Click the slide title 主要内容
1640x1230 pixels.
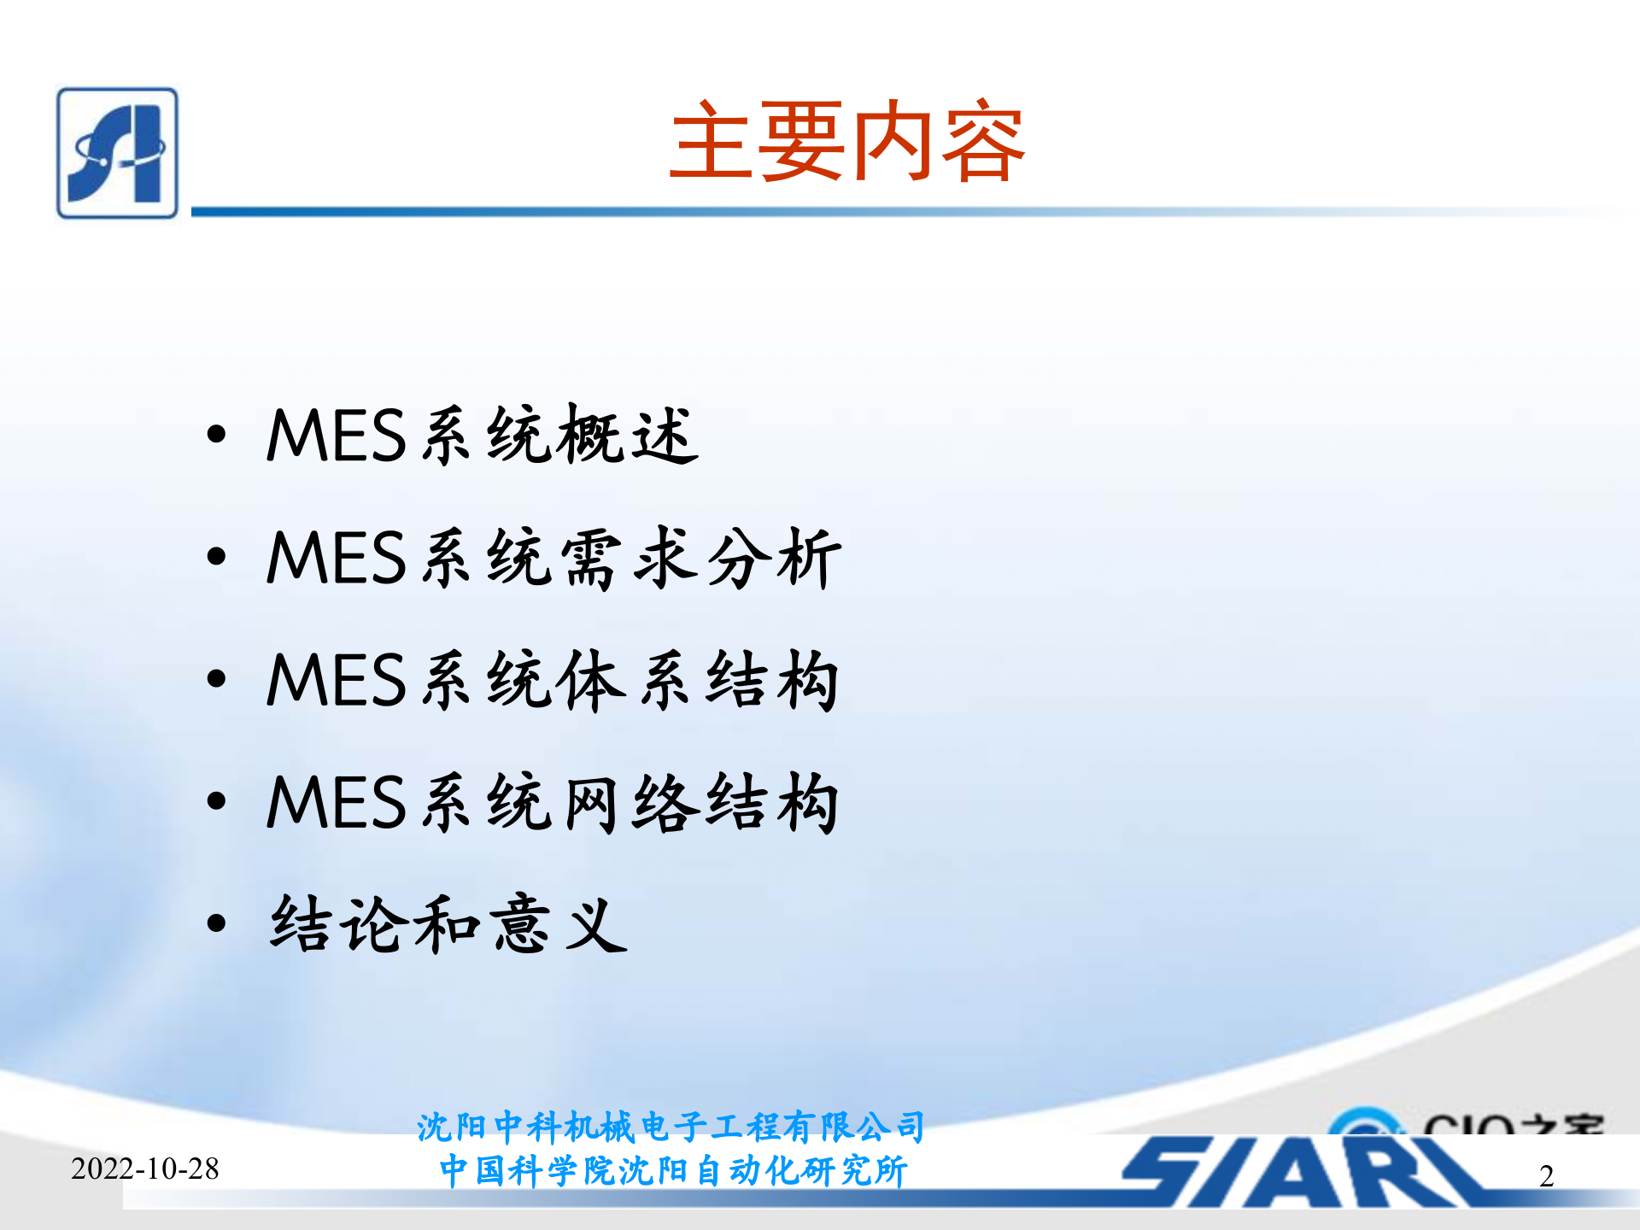(x=846, y=142)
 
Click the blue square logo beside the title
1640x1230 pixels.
(x=117, y=153)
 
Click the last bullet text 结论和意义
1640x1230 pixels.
(x=448, y=924)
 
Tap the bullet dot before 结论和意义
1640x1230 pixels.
(x=216, y=923)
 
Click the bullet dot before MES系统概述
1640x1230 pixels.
(x=216, y=434)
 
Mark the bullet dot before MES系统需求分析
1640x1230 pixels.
(x=216, y=557)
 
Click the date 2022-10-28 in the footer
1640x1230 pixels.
(x=144, y=1168)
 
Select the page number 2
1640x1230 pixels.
(x=1546, y=1176)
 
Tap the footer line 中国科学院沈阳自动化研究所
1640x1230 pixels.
(x=672, y=1171)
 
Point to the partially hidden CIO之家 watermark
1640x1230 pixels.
(x=1469, y=1122)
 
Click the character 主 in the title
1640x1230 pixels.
(x=712, y=142)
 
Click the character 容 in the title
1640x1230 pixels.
(x=982, y=142)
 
